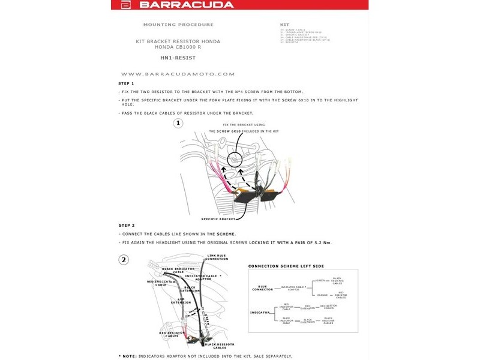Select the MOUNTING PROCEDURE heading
(x=178, y=25)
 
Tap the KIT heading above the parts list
(x=285, y=25)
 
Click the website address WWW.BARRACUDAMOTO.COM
(x=178, y=74)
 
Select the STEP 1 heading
(x=126, y=83)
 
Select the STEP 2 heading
(x=126, y=225)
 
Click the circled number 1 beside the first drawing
(x=178, y=124)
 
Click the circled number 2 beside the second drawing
(x=124, y=260)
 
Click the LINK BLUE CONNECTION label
(x=218, y=257)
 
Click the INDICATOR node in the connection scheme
(x=260, y=313)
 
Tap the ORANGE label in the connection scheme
(x=322, y=295)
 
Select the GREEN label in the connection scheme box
(x=321, y=280)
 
